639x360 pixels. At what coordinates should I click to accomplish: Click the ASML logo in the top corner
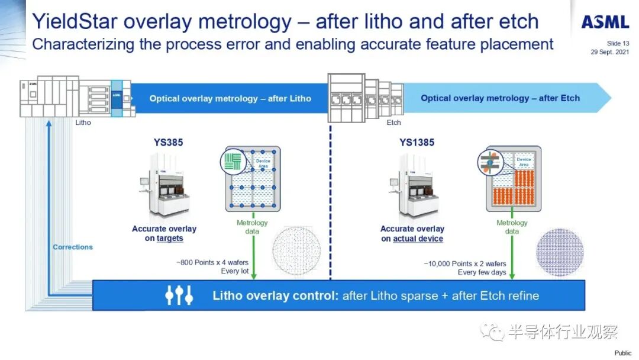click(x=604, y=22)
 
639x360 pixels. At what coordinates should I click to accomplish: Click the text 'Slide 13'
click(x=618, y=43)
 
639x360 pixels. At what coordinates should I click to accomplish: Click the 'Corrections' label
click(x=73, y=247)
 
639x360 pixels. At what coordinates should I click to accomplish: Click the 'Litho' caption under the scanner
click(x=83, y=123)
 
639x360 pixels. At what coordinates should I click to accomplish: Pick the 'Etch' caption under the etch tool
click(x=393, y=123)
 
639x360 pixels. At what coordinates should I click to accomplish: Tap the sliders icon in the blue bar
click(x=178, y=295)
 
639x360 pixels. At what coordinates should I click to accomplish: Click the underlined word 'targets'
click(x=170, y=239)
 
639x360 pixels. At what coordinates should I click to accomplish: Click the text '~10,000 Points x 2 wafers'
click(x=464, y=263)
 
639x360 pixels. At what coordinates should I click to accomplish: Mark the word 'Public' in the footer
click(x=622, y=353)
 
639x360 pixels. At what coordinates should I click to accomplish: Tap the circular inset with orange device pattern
click(x=490, y=162)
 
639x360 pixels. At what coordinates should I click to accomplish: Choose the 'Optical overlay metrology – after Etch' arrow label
click(x=500, y=98)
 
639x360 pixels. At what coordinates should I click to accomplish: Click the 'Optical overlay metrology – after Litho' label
click(x=230, y=98)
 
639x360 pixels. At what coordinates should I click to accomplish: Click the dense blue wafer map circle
click(x=560, y=252)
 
